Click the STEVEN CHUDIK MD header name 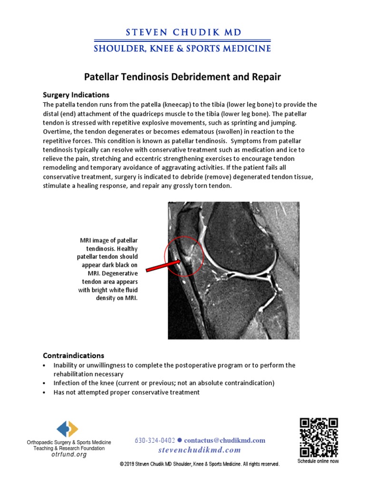[x=182, y=32]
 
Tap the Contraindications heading [x=74, y=355]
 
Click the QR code [x=318, y=437]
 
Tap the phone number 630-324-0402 [x=155, y=440]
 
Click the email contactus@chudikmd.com [x=224, y=440]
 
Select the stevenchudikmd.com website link [x=200, y=450]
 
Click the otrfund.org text [x=69, y=454]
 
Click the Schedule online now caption [x=318, y=461]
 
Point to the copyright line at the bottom [x=199, y=464]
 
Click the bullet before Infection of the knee [x=44, y=383]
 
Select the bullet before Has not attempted [x=44, y=392]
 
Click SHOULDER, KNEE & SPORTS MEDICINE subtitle [x=182, y=49]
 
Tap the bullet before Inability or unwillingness [x=44, y=365]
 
